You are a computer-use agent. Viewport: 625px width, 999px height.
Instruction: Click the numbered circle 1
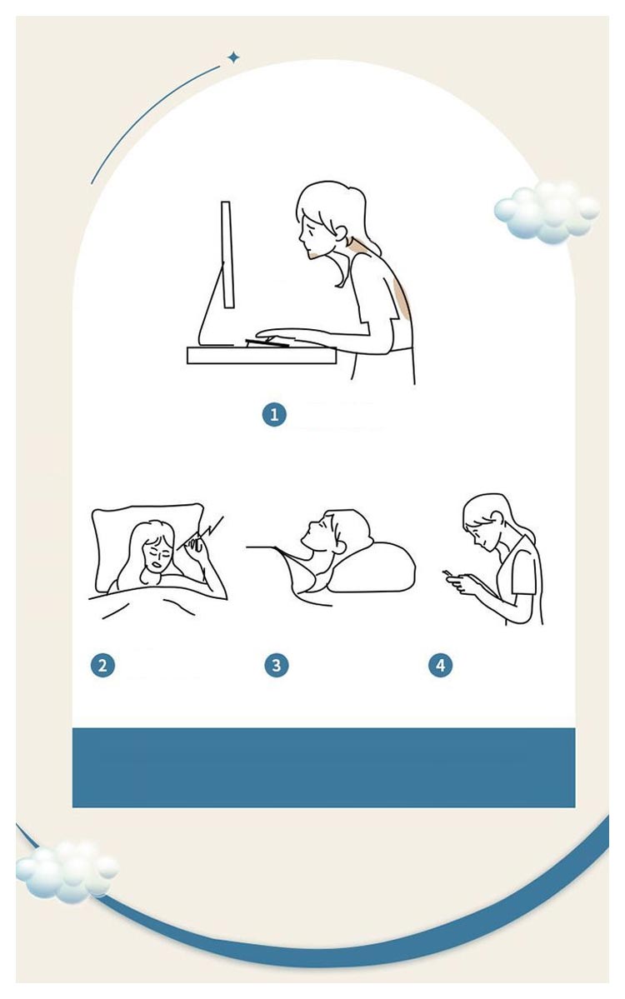click(274, 415)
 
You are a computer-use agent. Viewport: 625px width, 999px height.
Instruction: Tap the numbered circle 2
click(102, 666)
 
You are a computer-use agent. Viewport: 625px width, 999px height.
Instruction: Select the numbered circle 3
click(276, 665)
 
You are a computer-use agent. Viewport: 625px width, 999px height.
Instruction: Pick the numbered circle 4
click(440, 665)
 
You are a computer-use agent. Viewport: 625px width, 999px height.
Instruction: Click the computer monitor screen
click(227, 255)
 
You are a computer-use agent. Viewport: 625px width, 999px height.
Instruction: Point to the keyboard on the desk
click(267, 342)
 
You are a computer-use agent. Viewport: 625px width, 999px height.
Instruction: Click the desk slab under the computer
click(261, 355)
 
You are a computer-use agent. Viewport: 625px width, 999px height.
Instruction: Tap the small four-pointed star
click(234, 58)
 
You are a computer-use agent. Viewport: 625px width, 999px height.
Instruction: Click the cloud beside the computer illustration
click(547, 212)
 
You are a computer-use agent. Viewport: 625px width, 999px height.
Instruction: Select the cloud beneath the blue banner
click(67, 871)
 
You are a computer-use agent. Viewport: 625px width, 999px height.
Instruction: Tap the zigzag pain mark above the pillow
click(205, 530)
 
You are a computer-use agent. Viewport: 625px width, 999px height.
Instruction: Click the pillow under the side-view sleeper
click(372, 567)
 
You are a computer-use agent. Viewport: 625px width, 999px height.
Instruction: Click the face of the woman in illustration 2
click(156, 555)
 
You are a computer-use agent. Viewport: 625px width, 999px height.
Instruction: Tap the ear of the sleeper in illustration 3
click(340, 546)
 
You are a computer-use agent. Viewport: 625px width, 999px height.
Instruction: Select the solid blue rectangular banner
click(323, 767)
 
